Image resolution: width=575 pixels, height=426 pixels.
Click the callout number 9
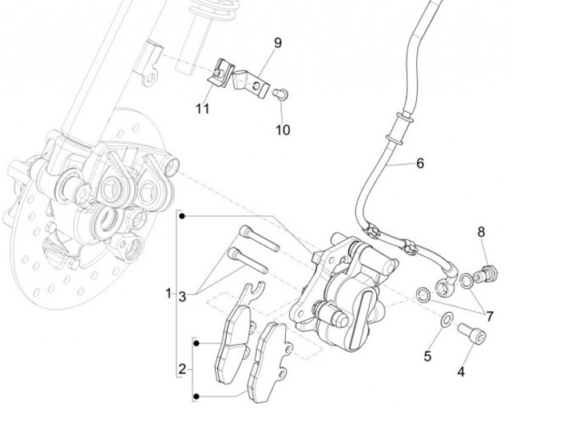click(x=278, y=43)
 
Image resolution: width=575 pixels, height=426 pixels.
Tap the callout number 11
click(x=202, y=108)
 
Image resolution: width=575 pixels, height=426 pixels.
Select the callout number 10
click(x=283, y=130)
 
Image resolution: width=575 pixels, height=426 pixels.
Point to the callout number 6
click(x=420, y=163)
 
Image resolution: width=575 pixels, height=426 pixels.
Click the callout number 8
click(x=481, y=232)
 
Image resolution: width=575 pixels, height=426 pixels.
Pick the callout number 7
click(x=490, y=316)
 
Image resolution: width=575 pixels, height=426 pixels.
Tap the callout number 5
click(x=427, y=356)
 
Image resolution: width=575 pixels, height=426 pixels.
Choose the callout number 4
click(x=461, y=372)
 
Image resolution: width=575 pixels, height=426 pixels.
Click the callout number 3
click(x=182, y=296)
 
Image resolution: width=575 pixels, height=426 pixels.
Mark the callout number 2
click(x=182, y=369)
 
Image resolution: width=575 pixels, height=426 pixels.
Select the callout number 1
click(x=169, y=293)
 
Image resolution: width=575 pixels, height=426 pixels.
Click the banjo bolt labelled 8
click(x=486, y=274)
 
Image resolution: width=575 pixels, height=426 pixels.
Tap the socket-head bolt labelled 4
click(x=472, y=333)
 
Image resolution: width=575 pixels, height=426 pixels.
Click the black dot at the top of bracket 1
click(x=182, y=216)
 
